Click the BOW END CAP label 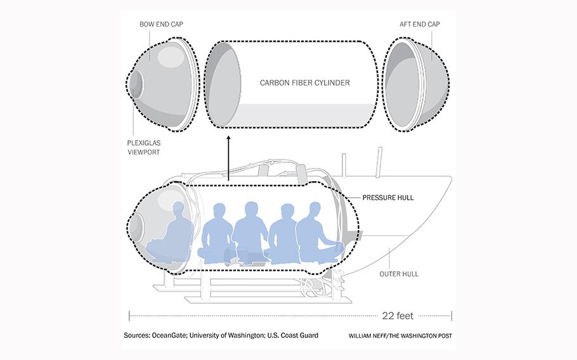click(x=161, y=24)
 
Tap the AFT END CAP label click(x=420, y=24)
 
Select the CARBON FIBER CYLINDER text click(x=305, y=83)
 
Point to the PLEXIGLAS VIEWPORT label click(x=144, y=148)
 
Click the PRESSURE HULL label click(x=388, y=198)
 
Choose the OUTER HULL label click(x=399, y=274)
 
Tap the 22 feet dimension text click(x=398, y=316)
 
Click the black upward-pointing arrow click(x=228, y=158)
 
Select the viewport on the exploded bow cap click(x=136, y=84)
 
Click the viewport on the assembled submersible click(x=136, y=227)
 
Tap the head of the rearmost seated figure click(x=315, y=210)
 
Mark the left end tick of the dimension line click(x=129, y=316)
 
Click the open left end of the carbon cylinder click(x=223, y=84)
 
